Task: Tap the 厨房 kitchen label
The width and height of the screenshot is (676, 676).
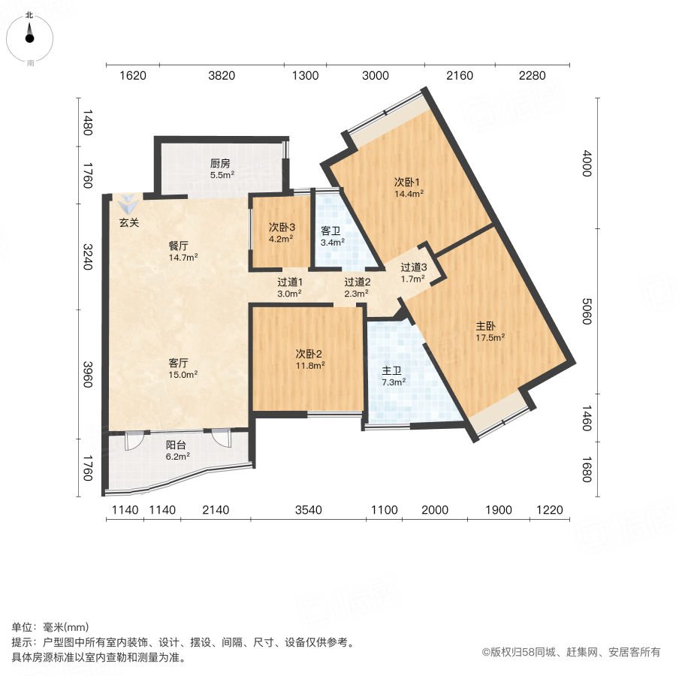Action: (220, 169)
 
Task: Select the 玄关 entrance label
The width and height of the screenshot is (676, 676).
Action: (129, 222)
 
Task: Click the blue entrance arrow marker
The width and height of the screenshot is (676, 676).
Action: (128, 204)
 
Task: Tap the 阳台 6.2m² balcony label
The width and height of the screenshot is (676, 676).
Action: (177, 449)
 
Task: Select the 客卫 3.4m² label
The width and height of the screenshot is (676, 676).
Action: (332, 236)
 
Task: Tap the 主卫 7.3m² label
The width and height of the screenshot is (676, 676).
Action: (393, 375)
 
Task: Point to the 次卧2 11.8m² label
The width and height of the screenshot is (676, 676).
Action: (309, 359)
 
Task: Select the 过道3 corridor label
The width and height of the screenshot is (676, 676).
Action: (413, 272)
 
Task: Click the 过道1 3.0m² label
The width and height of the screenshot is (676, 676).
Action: (289, 288)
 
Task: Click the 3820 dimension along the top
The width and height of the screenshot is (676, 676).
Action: (222, 75)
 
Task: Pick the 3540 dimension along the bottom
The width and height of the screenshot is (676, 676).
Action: (308, 511)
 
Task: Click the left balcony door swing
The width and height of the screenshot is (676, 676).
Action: (133, 439)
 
